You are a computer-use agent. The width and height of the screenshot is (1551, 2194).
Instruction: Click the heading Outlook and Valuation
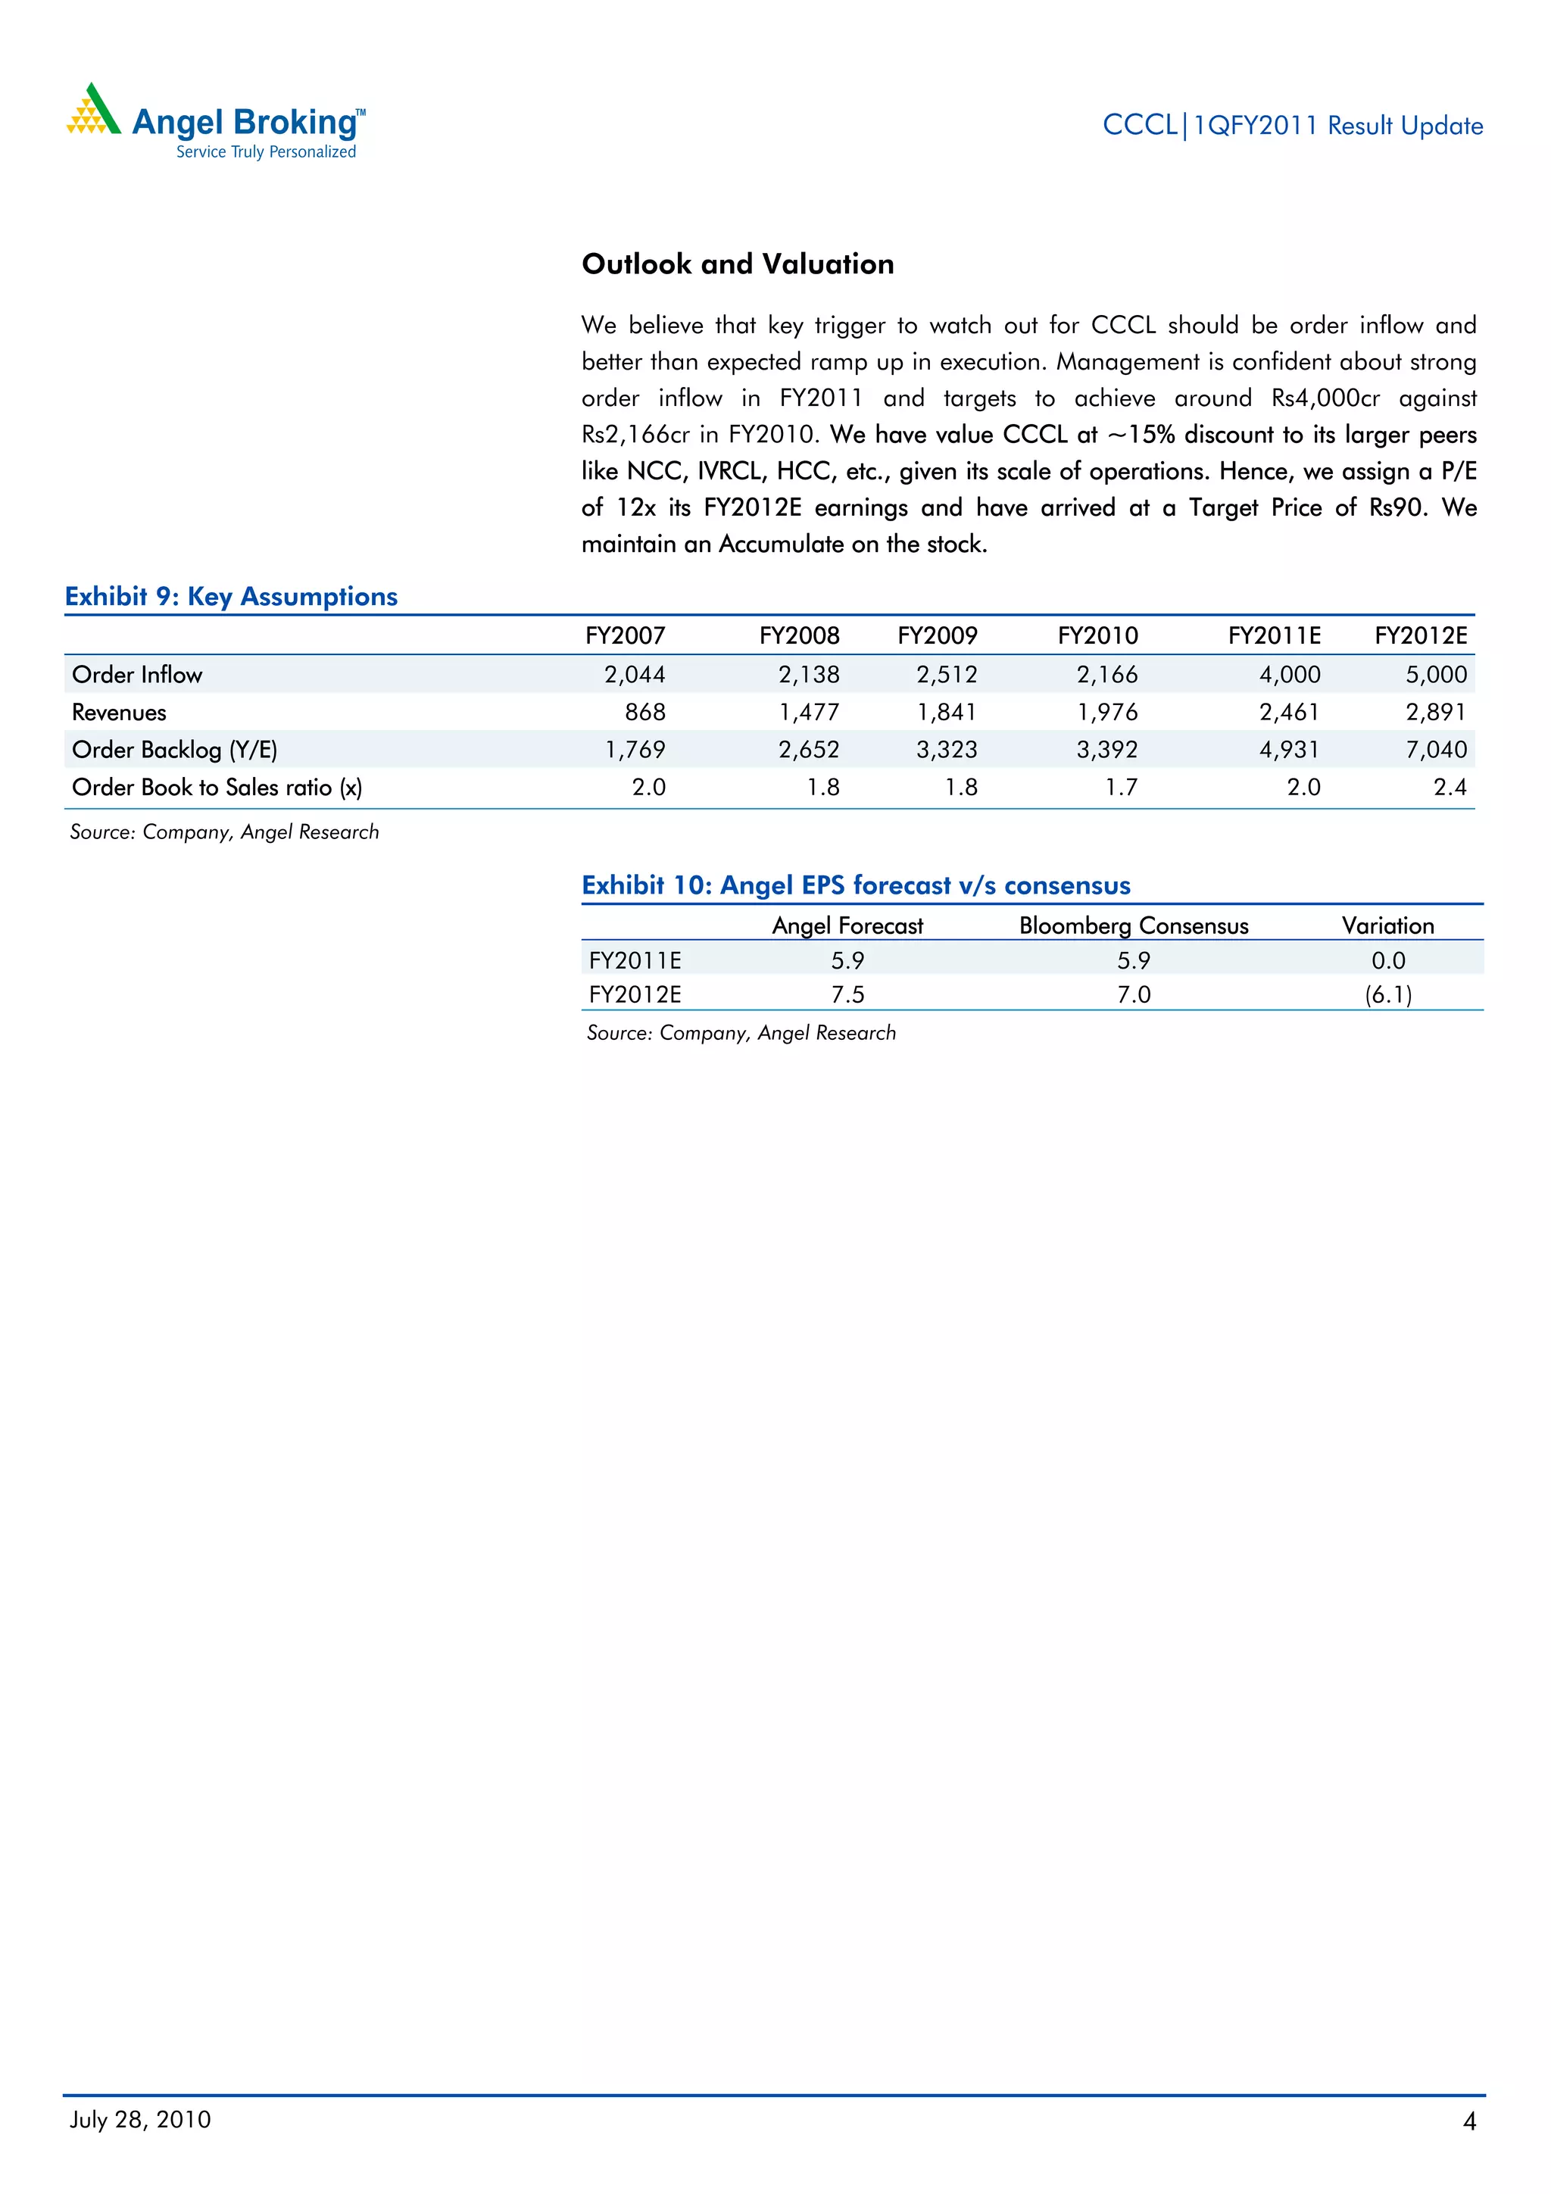(x=737, y=264)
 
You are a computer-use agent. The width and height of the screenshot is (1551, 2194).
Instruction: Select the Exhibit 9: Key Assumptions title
(x=230, y=596)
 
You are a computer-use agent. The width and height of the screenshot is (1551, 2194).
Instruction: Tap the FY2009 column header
(x=937, y=635)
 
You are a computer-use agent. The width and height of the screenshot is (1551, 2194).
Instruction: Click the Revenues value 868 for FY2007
(x=645, y=712)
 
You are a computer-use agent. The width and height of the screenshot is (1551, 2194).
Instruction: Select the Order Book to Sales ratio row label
(x=217, y=788)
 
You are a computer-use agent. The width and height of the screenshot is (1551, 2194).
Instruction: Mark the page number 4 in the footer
(x=1468, y=2121)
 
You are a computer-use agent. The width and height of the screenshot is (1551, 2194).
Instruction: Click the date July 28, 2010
(x=140, y=2120)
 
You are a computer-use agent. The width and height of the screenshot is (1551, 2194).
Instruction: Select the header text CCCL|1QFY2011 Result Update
(x=1292, y=125)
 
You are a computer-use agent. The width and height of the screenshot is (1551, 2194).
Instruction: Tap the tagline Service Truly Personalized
(x=266, y=152)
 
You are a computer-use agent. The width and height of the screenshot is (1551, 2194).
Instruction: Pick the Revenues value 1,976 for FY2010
(x=1106, y=712)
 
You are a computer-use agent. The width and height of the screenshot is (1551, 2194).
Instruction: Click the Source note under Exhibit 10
(x=741, y=1033)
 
